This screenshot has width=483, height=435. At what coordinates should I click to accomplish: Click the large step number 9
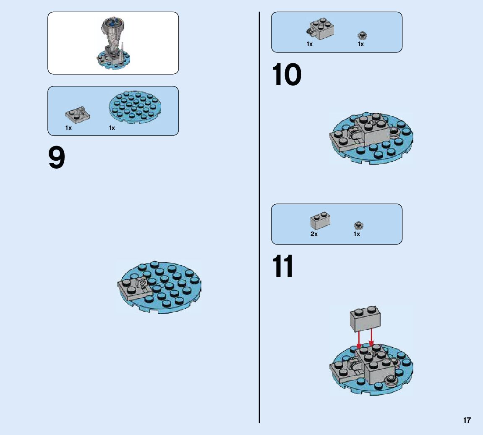[x=57, y=158]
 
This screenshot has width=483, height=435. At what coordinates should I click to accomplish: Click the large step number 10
[x=287, y=75]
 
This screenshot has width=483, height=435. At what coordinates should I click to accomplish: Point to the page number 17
[x=467, y=420]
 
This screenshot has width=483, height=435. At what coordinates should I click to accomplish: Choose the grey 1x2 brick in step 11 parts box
[x=320, y=220]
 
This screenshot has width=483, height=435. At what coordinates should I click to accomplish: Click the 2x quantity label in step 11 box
[x=314, y=234]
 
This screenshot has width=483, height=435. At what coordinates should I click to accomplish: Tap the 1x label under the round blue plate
[x=112, y=128]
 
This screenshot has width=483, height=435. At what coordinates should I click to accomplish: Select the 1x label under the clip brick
[x=310, y=44]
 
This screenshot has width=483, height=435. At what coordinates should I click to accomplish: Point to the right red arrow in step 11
[x=371, y=338]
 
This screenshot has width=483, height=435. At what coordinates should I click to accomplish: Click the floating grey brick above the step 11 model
[x=366, y=319]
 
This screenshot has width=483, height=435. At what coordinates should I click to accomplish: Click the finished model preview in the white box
[x=113, y=43]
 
